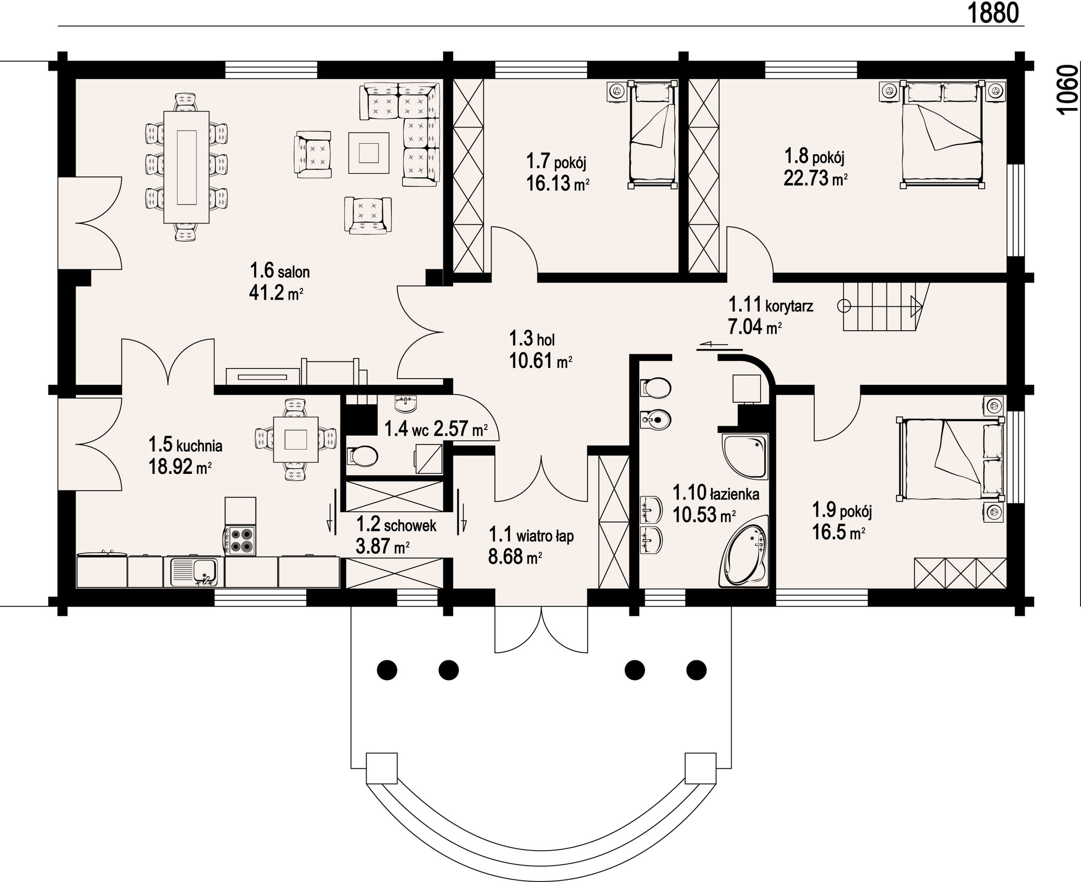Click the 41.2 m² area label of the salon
click(276, 293)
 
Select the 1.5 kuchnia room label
click(185, 445)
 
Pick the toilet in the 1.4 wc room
click(363, 456)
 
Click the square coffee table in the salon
click(369, 152)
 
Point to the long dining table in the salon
click(186, 167)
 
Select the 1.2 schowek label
click(396, 524)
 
